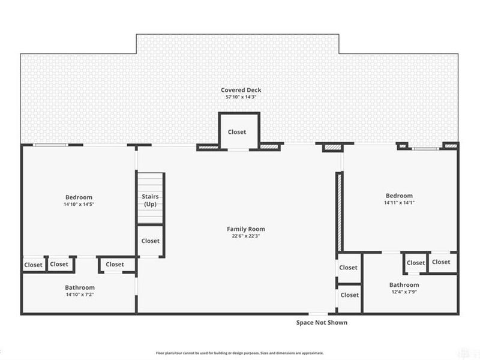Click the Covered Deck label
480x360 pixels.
click(241, 90)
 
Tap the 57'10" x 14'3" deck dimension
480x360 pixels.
click(241, 97)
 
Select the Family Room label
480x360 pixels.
click(246, 229)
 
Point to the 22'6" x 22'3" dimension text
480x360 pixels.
click(246, 236)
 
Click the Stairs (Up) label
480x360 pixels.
click(151, 200)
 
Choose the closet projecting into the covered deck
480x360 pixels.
click(239, 131)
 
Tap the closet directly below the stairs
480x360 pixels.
click(151, 241)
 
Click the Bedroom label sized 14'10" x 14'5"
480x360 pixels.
click(79, 197)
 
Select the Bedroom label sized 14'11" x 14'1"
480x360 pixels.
click(399, 196)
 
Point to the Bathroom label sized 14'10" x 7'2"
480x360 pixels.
click(80, 288)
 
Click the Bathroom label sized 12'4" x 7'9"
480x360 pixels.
click(404, 285)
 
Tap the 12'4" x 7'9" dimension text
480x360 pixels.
click(404, 292)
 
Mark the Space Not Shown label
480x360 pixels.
click(322, 323)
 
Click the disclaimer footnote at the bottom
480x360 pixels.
click(239, 353)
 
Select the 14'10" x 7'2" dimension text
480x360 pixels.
click(80, 295)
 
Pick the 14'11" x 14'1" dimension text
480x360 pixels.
click(399, 203)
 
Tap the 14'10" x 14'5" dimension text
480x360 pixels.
click(79, 205)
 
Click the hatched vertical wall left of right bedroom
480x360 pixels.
click(339, 212)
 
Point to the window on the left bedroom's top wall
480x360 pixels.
click(50, 145)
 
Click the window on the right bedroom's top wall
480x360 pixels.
click(425, 149)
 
